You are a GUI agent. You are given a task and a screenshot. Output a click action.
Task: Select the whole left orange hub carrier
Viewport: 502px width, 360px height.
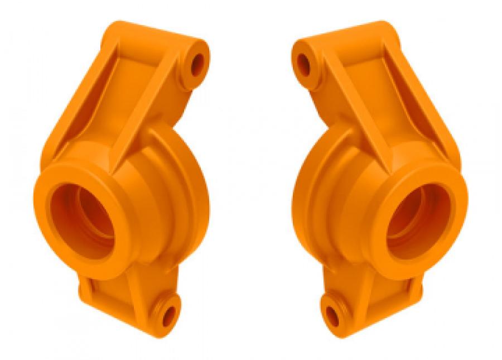(123, 184)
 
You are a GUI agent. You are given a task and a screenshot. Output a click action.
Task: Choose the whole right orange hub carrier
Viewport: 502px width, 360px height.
(379, 184)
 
